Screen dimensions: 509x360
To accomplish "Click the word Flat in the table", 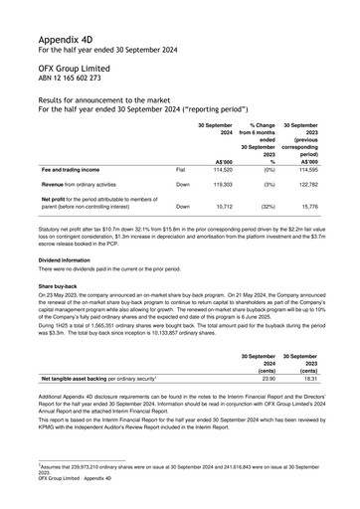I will pos(182,170).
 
